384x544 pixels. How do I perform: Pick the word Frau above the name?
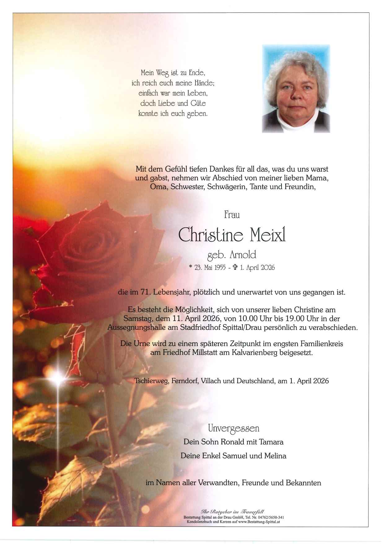[232, 215]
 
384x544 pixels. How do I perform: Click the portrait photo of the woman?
[296, 89]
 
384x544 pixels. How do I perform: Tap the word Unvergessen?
[233, 429]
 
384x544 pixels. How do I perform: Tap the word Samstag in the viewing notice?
[135, 319]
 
